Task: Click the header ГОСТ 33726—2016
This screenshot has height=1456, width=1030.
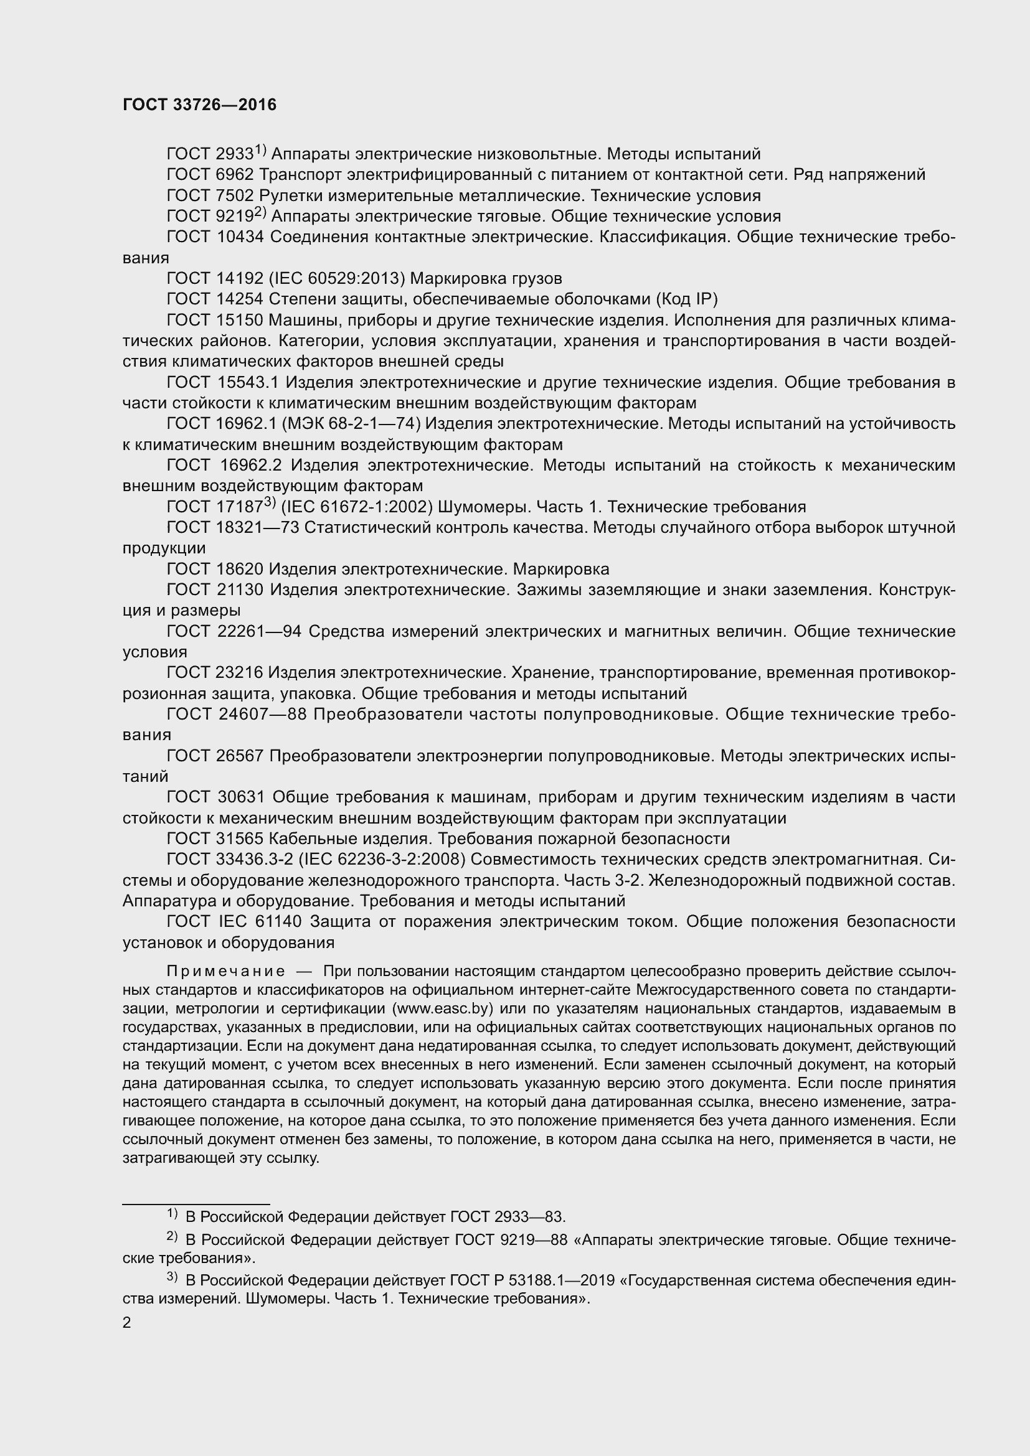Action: (199, 105)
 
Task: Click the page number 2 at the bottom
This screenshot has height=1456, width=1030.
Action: (127, 1322)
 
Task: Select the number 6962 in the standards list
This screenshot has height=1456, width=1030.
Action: (235, 174)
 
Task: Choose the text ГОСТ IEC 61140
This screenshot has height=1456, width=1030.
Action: (234, 921)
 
